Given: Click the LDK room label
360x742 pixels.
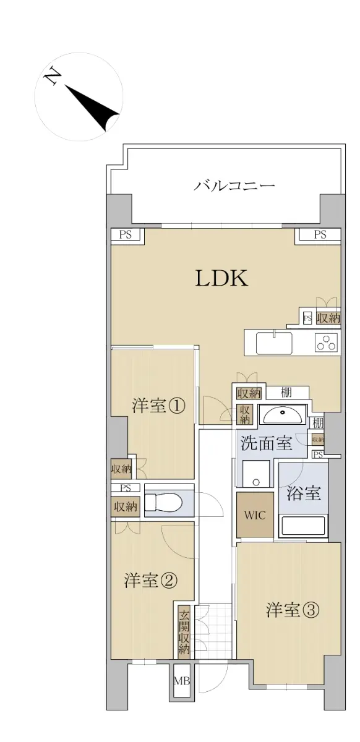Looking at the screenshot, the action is tap(222, 278).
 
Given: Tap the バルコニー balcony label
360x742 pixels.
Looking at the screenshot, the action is tap(234, 186).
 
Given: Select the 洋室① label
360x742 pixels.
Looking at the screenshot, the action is tap(158, 406).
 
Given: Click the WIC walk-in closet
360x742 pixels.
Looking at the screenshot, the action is tap(255, 514).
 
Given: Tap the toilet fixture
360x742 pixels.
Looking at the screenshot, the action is tap(164, 502).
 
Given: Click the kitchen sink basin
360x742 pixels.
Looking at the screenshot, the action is tap(274, 343).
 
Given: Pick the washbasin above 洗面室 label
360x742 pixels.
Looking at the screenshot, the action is tap(283, 415).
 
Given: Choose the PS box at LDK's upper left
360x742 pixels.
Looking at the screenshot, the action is tap(126, 234).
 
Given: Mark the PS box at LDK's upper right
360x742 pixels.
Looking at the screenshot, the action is tap(320, 234).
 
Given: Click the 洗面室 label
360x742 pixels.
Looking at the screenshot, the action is tap(267, 443).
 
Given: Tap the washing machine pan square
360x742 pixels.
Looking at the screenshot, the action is tap(255, 474).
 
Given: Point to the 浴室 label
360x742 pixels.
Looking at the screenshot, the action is tap(303, 493).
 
